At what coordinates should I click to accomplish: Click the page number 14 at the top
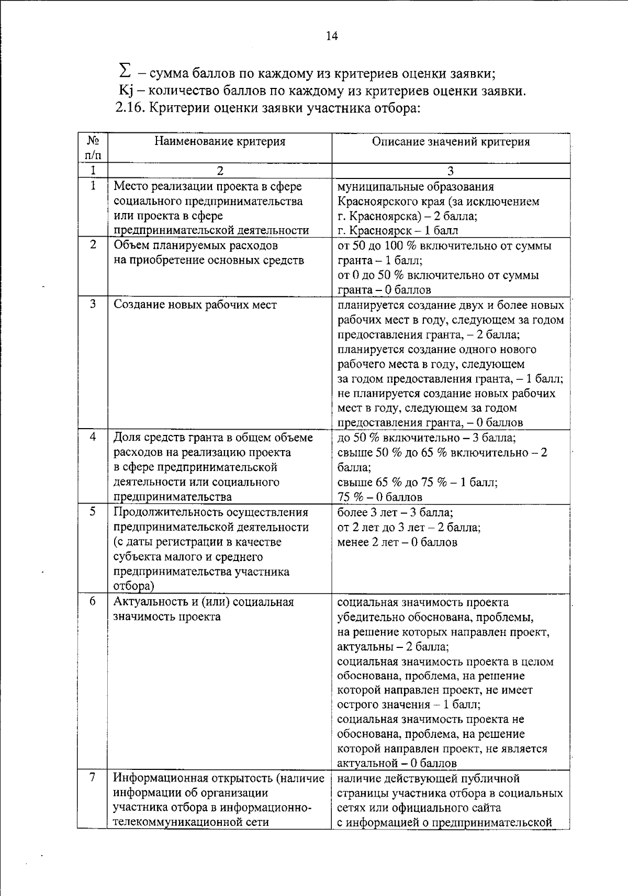332,36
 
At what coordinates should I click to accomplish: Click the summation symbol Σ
125,70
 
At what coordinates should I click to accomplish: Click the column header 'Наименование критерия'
220,142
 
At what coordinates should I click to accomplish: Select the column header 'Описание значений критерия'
451,142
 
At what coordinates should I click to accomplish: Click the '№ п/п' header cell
93,148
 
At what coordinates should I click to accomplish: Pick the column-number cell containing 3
451,171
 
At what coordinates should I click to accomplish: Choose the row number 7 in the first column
93,778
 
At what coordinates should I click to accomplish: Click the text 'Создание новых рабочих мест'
195,305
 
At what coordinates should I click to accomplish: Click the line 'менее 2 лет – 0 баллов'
397,542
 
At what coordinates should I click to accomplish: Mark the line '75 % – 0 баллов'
379,497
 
